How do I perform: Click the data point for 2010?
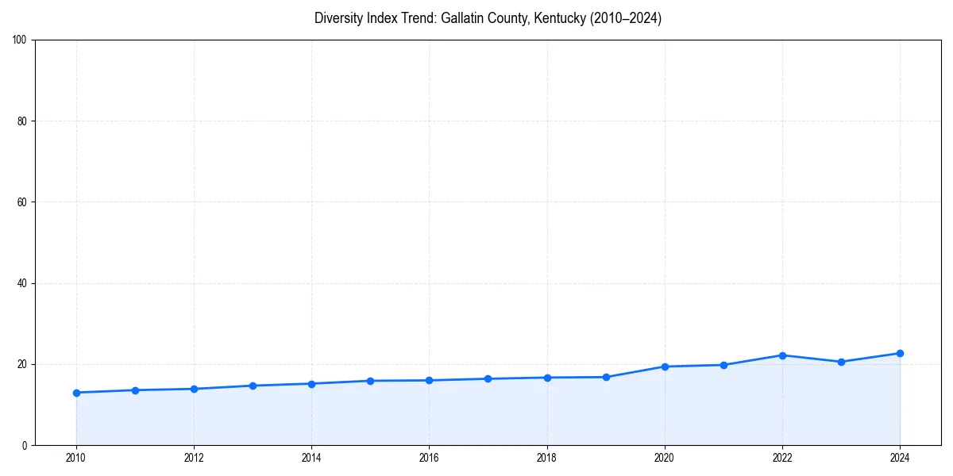[76, 393]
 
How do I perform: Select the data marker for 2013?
[253, 386]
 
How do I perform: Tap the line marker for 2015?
[370, 381]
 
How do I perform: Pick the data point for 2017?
[488, 378]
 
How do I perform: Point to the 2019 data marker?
[606, 377]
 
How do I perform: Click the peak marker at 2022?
[782, 355]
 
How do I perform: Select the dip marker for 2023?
[841, 362]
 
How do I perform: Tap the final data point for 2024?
[900, 353]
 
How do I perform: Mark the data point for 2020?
[665, 367]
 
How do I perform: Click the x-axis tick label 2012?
[194, 458]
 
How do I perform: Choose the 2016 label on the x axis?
[429, 458]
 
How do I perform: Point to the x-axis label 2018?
[546, 458]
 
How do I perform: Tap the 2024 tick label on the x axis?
[900, 458]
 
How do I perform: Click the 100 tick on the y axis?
[20, 40]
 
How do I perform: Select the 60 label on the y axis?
[22, 202]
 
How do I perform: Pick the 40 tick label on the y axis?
[22, 283]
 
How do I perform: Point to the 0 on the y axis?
[25, 445]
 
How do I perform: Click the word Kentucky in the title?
[559, 18]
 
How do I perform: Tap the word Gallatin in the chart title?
[463, 18]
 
